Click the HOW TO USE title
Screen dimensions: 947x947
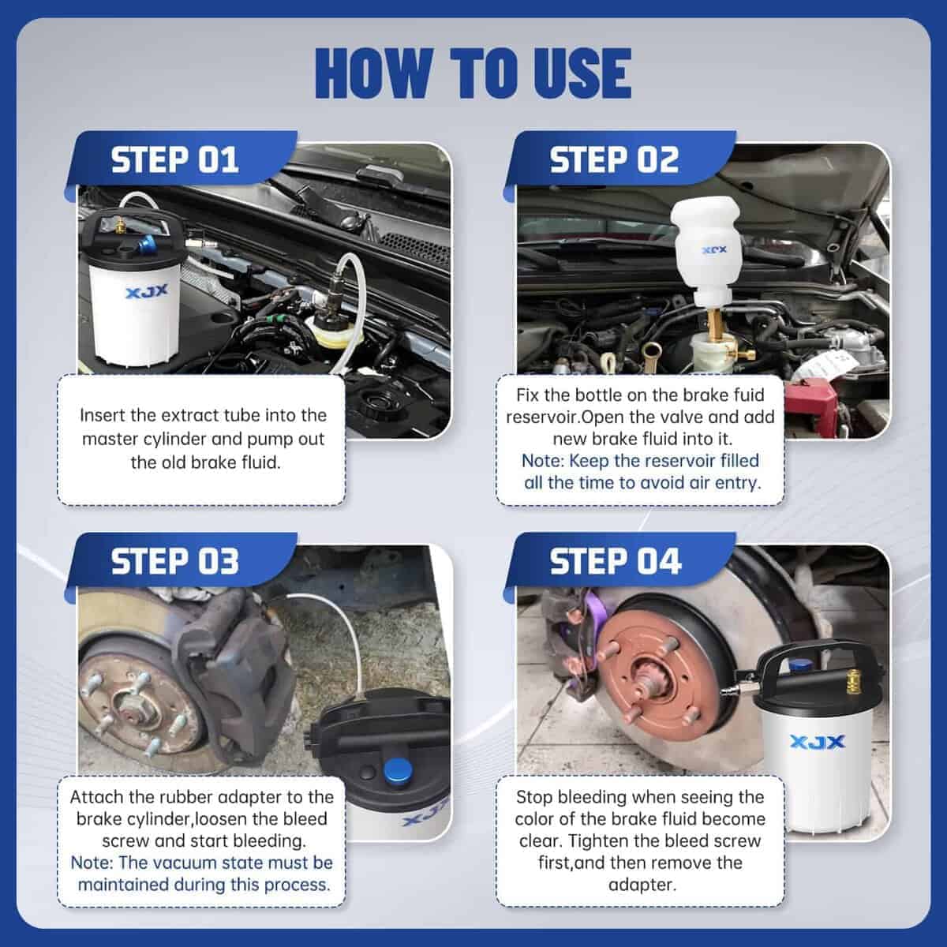pos(473,73)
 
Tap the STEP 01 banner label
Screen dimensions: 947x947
pos(175,160)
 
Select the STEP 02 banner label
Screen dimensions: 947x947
pos(614,160)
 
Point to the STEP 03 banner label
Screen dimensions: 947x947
pos(175,561)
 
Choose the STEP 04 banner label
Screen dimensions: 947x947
pos(616,561)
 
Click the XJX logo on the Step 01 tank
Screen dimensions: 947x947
pos(147,291)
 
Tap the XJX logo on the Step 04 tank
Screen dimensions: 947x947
pos(818,741)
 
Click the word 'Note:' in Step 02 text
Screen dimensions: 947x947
pos(543,461)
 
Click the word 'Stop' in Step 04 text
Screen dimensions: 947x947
pos(534,797)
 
